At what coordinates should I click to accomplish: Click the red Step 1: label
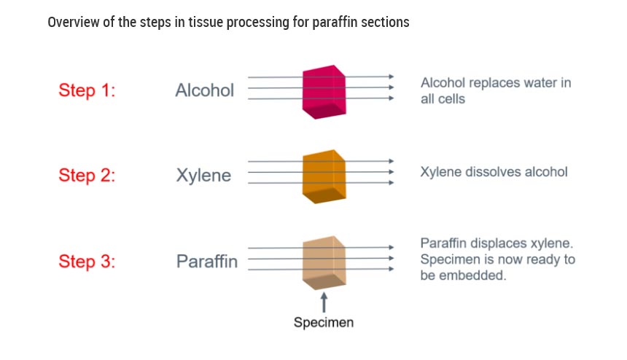point(87,91)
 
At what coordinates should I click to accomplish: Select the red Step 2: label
point(87,176)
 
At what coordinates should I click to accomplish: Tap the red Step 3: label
point(87,262)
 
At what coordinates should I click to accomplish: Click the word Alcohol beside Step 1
point(205,90)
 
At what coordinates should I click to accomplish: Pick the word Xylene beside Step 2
point(203,176)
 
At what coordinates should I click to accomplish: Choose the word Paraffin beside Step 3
point(207,262)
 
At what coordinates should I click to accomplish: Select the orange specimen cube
point(323,176)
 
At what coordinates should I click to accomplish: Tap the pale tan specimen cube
point(323,262)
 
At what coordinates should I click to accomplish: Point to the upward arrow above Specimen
point(324,301)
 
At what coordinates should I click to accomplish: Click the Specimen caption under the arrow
point(324,322)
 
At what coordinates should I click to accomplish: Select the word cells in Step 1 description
point(451,98)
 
